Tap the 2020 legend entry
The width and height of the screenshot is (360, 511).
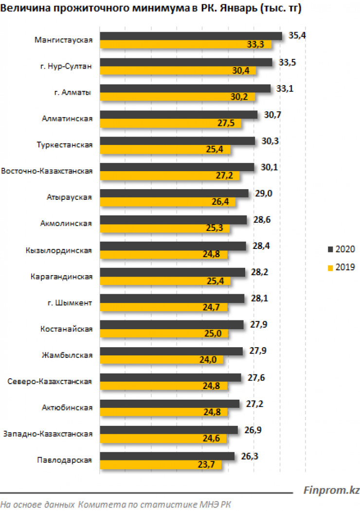(x=341, y=249)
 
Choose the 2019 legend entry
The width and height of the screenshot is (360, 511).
(x=341, y=267)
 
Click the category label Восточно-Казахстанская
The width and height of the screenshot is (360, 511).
(x=47, y=171)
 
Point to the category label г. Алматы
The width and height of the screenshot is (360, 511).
(x=73, y=92)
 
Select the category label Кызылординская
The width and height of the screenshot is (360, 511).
(x=59, y=250)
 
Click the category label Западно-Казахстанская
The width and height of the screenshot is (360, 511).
(x=48, y=434)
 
